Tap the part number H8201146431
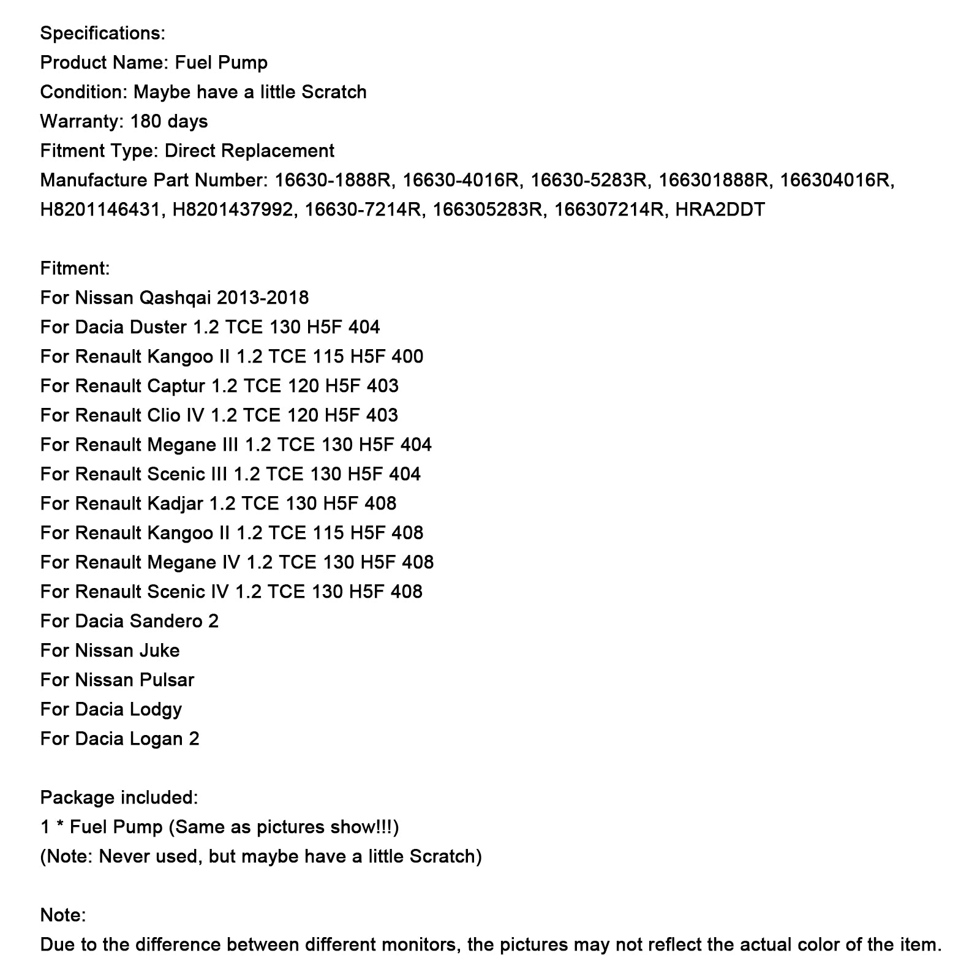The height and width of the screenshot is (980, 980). [x=102, y=209]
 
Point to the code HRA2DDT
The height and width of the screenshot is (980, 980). [x=720, y=209]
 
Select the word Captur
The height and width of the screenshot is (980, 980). [x=176, y=386]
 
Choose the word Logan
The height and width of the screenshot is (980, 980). [x=157, y=739]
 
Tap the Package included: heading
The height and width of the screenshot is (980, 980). [x=119, y=797]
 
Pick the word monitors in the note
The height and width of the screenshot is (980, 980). [x=420, y=944]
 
